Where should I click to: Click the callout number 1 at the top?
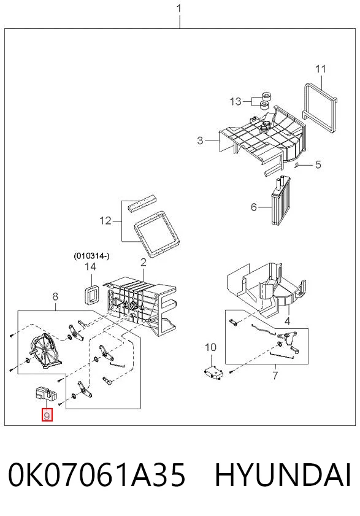pyautogui.click(x=179, y=8)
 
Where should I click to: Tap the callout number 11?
pyautogui.click(x=321, y=69)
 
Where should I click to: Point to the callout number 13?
pyautogui.click(x=236, y=101)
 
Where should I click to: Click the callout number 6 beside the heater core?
pyautogui.click(x=254, y=207)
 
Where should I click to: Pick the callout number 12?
pyautogui.click(x=105, y=220)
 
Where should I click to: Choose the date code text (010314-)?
pyautogui.click(x=91, y=256)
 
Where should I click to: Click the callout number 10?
pyautogui.click(x=210, y=347)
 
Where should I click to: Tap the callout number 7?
pyautogui.click(x=275, y=375)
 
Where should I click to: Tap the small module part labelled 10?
pyautogui.click(x=214, y=372)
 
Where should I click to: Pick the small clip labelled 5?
pyautogui.click(x=296, y=164)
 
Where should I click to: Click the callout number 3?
pyautogui.click(x=200, y=141)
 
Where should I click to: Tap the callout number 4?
pyautogui.click(x=287, y=320)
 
